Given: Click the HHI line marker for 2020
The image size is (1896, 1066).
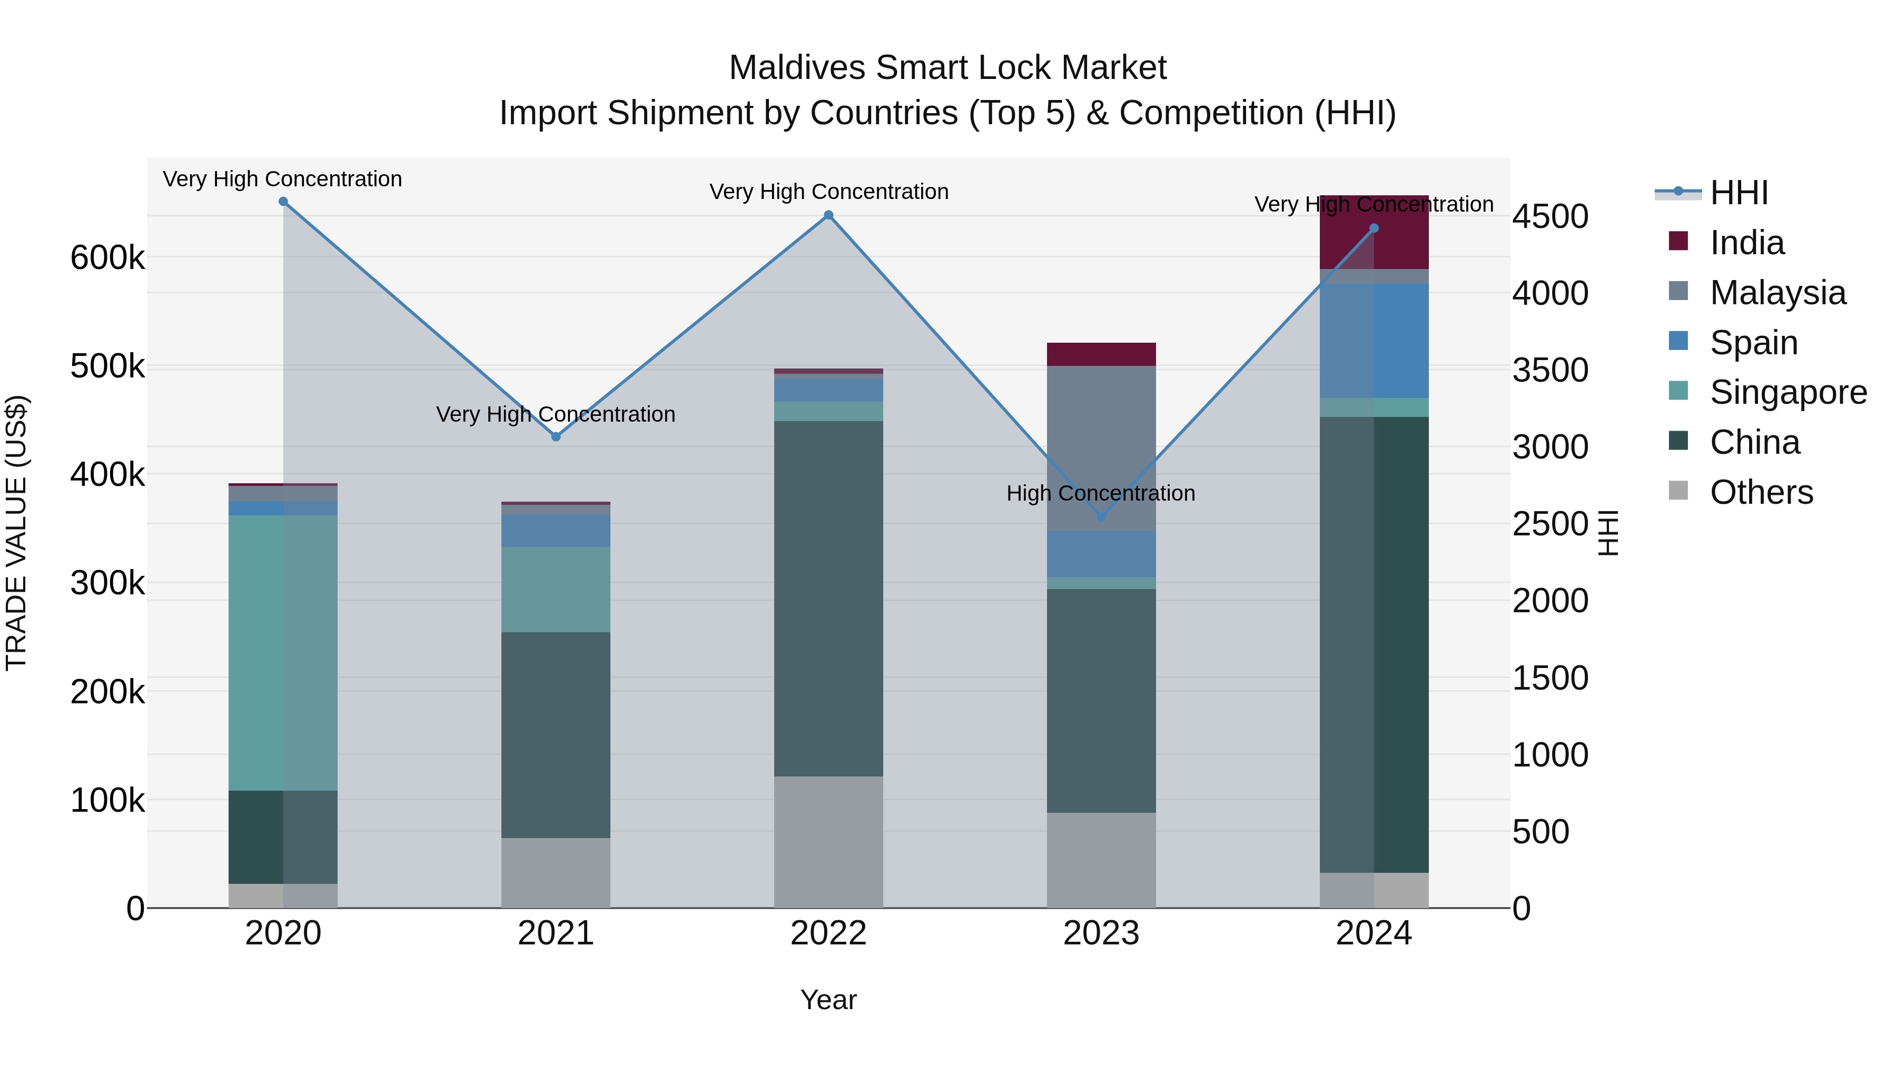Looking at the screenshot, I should point(283,202).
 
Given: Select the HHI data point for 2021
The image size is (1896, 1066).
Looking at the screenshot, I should point(556,437).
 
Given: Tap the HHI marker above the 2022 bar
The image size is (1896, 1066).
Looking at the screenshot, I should point(829,215).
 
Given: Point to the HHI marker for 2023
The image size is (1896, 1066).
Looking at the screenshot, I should point(1101,517).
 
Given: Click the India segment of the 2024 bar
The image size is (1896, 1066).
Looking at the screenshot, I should point(1374,233).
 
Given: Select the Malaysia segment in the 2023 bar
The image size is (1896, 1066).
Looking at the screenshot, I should point(1101,448).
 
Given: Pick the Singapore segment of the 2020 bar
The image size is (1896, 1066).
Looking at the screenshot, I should point(283,653).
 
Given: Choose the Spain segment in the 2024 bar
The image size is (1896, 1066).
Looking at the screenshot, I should point(1374,341).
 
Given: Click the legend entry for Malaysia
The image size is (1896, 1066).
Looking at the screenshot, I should point(1777,293).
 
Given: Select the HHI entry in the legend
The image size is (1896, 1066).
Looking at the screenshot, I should point(1739,193).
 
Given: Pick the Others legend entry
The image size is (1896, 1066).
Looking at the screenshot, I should point(1761,492).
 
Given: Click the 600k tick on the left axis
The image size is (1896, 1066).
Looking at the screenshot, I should point(107,257).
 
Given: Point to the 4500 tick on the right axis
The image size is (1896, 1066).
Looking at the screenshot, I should point(1550,217).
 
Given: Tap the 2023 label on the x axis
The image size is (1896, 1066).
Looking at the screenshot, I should point(1101,933).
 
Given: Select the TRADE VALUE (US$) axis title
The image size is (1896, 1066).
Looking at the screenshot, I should point(16,533).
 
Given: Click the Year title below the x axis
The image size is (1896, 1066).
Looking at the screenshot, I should point(829,1000).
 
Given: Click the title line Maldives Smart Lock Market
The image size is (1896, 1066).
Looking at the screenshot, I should point(947,68).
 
